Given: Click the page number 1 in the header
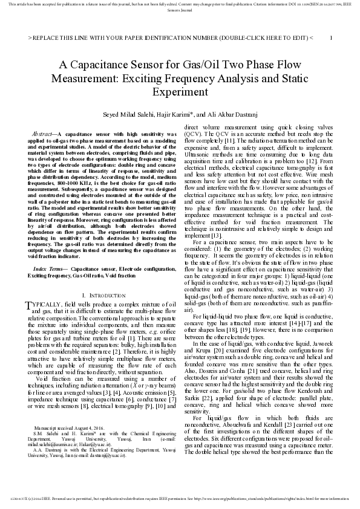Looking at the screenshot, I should coord(331,37).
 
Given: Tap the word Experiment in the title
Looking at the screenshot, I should coord(180,93).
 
